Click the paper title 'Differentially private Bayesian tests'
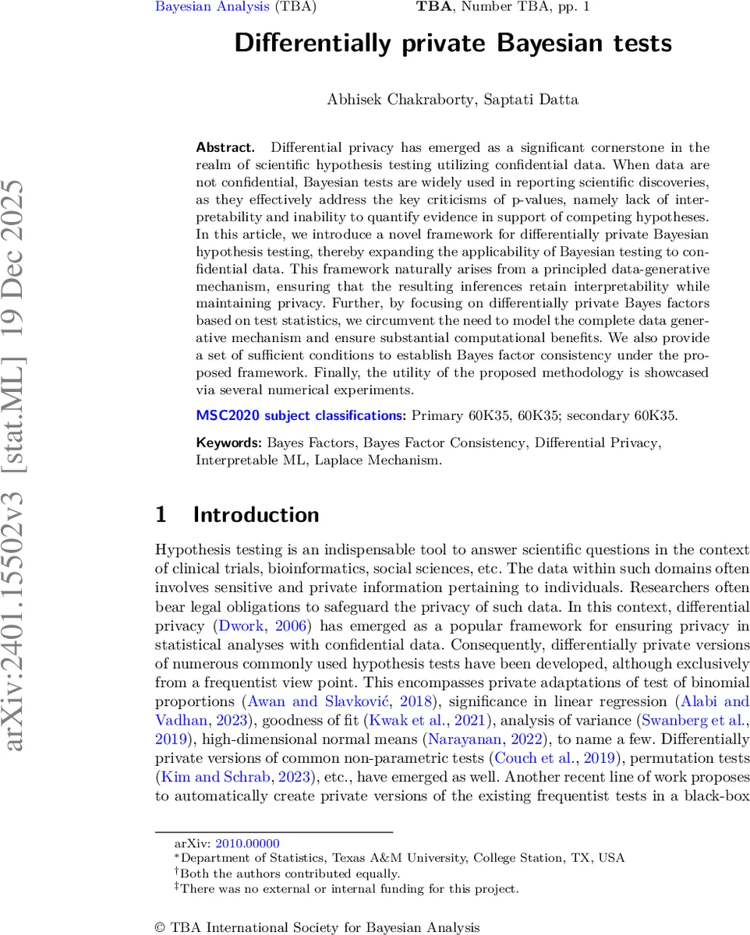[x=453, y=43]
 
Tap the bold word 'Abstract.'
[x=225, y=147]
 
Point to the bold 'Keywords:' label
[x=229, y=443]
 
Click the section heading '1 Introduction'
[x=237, y=515]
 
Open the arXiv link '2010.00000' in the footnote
[x=247, y=843]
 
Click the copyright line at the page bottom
[x=318, y=927]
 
